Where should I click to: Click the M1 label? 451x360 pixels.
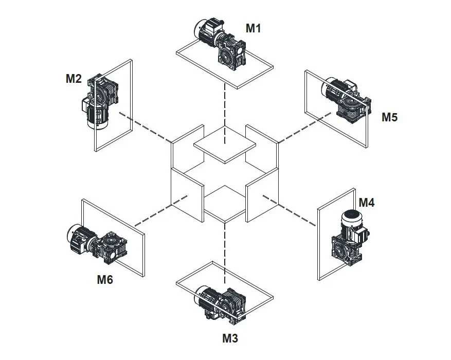click(x=253, y=29)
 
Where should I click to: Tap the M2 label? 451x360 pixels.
click(x=74, y=79)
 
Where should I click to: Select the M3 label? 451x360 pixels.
click(x=230, y=338)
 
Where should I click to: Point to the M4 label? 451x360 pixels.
click(x=367, y=203)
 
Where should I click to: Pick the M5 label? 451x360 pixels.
click(x=389, y=117)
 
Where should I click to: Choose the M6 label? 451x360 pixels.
click(x=105, y=280)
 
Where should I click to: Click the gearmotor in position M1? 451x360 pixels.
click(x=220, y=44)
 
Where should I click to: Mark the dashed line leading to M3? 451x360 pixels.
click(x=225, y=247)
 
